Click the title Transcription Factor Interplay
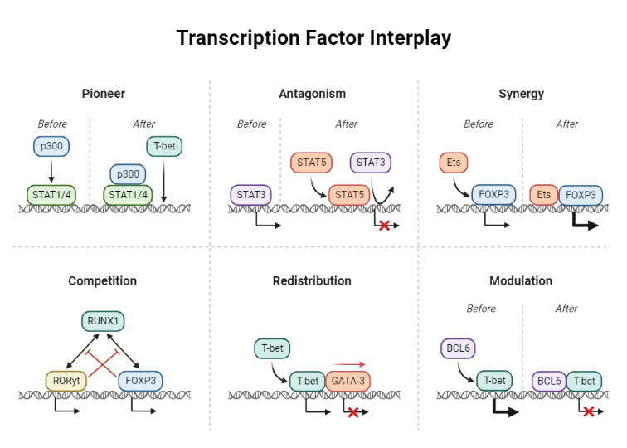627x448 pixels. tap(313, 38)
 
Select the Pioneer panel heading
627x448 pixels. tap(104, 94)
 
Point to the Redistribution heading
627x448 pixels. tap(312, 281)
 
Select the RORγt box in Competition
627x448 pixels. tap(67, 381)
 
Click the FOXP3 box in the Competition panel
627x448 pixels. tap(140, 381)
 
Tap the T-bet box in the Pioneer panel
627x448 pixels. tap(163, 147)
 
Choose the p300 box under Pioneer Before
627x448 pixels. tap(51, 147)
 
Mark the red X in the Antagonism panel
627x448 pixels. tap(385, 226)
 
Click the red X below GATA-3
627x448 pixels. tap(352, 412)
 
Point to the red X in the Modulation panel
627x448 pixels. tap(589, 411)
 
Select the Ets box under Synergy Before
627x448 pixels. tap(454, 163)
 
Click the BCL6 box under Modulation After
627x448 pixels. tap(548, 381)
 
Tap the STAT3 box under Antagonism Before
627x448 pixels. tap(250, 195)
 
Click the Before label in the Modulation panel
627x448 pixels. tap(481, 309)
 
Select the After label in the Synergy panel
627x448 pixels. tap(567, 124)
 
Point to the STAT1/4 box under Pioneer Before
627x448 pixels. tap(51, 195)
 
